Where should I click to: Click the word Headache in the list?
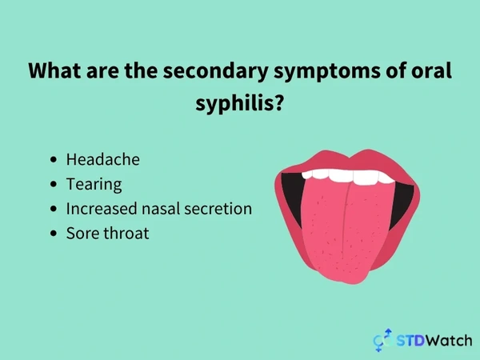tap(103, 159)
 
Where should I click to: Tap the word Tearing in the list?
tap(94, 185)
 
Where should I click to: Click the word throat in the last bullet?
tap(126, 234)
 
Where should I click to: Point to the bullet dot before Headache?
tap(54, 159)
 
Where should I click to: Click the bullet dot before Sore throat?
tap(54, 234)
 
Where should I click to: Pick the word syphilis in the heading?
tap(234, 104)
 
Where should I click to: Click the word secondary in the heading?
tap(215, 71)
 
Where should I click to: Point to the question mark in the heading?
tap(278, 102)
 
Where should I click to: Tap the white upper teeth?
tap(348, 177)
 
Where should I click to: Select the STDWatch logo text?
tap(434, 341)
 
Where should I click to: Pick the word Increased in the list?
tap(102, 209)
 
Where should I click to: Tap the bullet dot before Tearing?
tap(54, 184)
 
